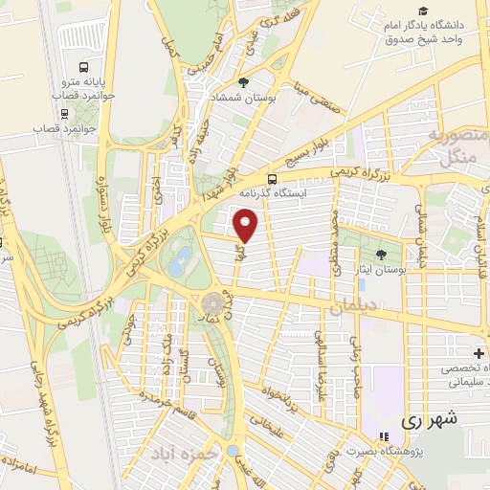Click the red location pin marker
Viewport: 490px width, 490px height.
(x=246, y=226)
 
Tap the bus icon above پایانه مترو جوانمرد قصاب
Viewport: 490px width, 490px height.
(x=85, y=68)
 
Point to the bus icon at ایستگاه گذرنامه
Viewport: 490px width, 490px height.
(x=274, y=179)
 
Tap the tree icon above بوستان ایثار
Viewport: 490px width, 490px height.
(x=382, y=254)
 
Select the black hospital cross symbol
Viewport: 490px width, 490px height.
(x=479, y=354)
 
